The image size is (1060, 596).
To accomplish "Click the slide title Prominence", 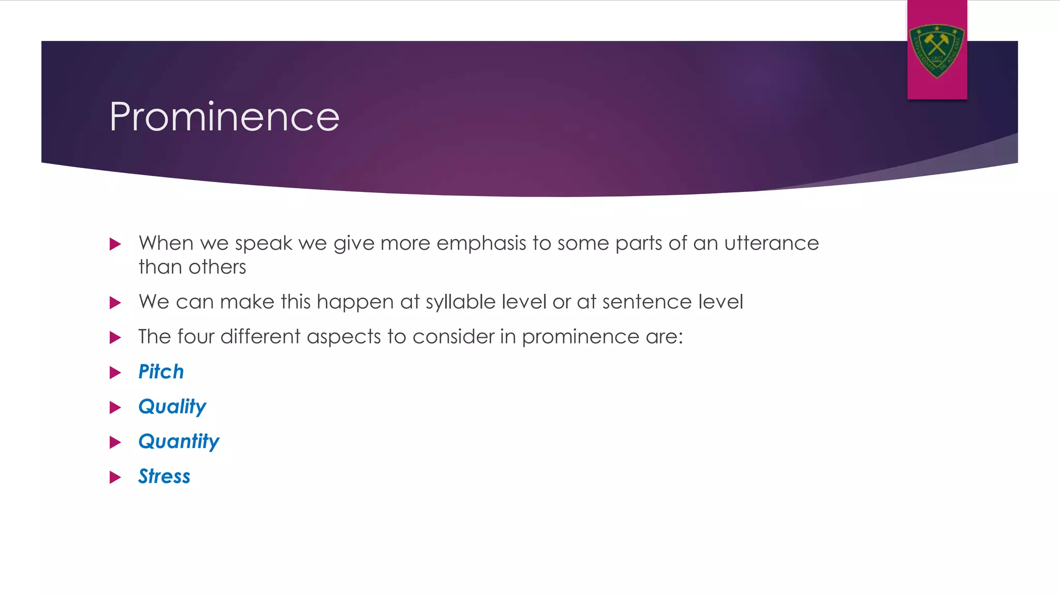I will (x=224, y=117).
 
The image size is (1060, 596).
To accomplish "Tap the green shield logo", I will (x=937, y=50).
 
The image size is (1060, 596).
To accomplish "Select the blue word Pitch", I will (x=161, y=372).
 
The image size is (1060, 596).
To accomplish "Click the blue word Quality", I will (x=172, y=407).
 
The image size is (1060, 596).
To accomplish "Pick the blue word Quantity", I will (x=179, y=442).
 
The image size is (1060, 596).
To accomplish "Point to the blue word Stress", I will (x=164, y=476).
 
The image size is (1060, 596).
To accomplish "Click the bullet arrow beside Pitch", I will (x=115, y=373).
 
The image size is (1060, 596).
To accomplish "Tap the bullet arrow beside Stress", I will (x=115, y=477).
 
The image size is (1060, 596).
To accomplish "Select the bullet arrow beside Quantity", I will (x=115, y=442).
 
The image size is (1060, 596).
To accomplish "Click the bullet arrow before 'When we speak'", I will (x=115, y=244).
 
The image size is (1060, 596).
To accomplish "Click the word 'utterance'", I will (x=771, y=244).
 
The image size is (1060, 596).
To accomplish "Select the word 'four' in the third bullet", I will (x=196, y=337).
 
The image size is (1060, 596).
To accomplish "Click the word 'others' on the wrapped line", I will (x=217, y=267).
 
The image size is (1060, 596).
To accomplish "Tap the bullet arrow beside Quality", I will (x=115, y=408).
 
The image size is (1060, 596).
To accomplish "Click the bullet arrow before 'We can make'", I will (x=115, y=303).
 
